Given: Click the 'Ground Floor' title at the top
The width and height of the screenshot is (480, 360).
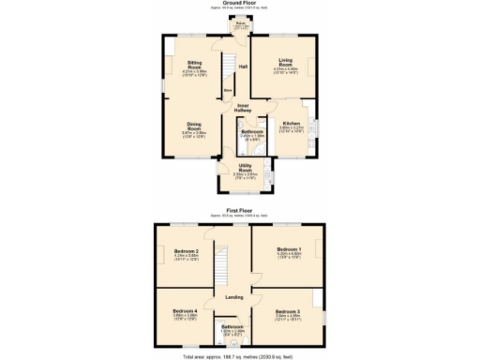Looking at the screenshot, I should click(240, 4).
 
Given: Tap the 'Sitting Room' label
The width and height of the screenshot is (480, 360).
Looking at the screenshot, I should click(195, 65).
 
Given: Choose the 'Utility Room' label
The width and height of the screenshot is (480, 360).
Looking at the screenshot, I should click(245, 168).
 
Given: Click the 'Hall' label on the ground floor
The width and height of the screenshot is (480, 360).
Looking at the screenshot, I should click(243, 67).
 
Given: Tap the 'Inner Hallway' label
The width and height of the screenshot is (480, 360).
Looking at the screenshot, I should click(243, 108).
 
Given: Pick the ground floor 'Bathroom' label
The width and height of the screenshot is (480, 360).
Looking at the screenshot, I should click(251, 131).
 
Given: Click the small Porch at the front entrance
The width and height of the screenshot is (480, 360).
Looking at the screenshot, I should click(241, 25).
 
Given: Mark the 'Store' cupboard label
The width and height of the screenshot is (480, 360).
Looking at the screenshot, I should click(227, 91).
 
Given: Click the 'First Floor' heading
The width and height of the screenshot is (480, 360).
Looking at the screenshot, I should click(240, 212).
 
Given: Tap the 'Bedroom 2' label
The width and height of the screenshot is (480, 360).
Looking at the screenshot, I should click(187, 251).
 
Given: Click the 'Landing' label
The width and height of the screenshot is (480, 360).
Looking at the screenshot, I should click(234, 297).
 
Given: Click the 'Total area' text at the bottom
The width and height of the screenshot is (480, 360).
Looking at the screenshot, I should click(240, 356).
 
